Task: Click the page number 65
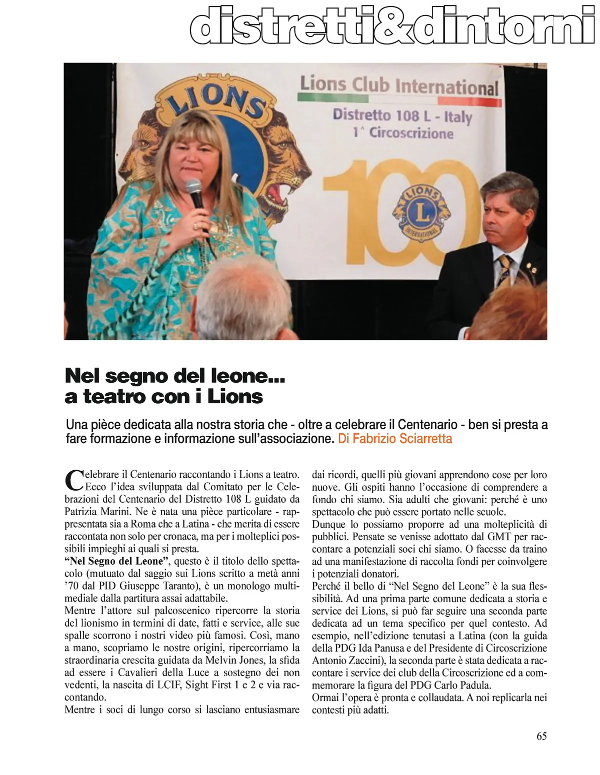541,736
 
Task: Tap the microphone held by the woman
194,195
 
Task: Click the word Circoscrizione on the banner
411,133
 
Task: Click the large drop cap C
74,480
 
